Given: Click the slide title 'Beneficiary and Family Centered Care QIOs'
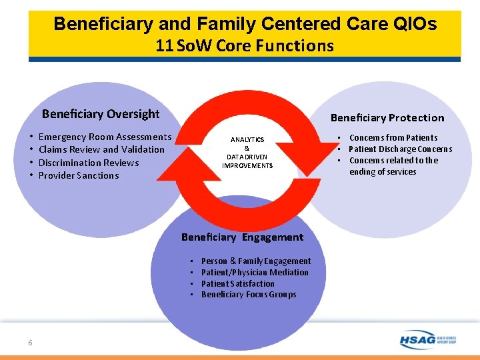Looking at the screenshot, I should click(x=245, y=24).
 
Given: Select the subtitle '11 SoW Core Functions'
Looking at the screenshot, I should click(x=245, y=46).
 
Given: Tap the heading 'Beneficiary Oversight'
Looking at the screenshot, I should click(x=101, y=114).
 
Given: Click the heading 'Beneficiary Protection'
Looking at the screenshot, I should click(x=387, y=118).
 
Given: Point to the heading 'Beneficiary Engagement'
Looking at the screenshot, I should click(x=242, y=237).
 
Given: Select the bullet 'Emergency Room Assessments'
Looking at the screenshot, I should click(x=105, y=137).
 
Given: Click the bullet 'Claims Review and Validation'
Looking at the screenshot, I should click(x=101, y=149).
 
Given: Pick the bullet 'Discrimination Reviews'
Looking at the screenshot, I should click(x=89, y=163).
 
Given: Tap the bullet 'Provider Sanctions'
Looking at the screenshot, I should click(x=79, y=175).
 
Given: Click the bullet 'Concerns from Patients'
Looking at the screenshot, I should click(x=393, y=137).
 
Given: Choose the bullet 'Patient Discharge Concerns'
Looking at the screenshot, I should click(x=400, y=149).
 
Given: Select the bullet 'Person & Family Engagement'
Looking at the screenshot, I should click(x=256, y=261).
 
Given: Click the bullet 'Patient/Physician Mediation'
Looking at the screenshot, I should click(x=255, y=272).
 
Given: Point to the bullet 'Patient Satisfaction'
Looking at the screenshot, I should click(x=237, y=283).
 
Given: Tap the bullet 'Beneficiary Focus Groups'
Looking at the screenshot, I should click(x=249, y=295).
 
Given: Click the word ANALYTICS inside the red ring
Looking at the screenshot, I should click(x=247, y=140).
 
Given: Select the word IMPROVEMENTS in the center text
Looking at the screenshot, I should click(x=247, y=165).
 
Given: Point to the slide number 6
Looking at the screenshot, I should click(x=30, y=343).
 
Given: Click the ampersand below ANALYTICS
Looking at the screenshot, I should click(x=247, y=149).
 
